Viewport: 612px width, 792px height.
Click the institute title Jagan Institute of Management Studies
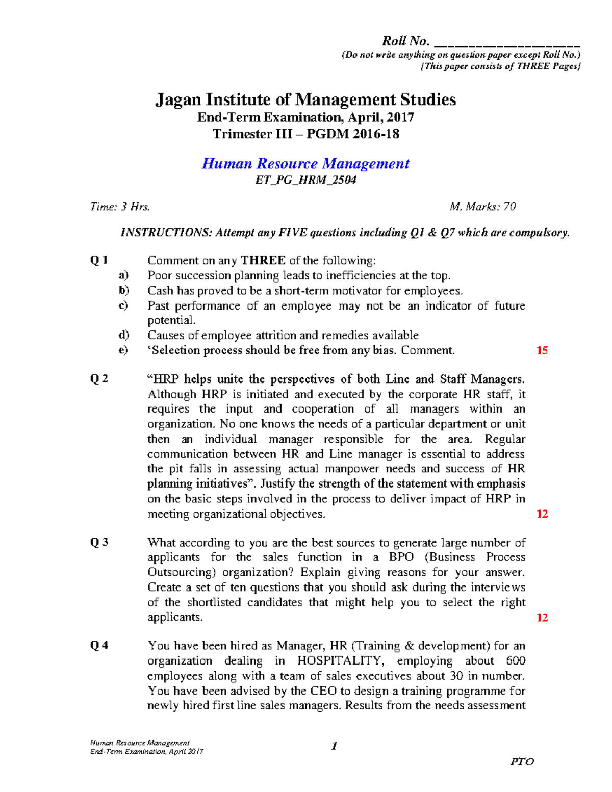tap(305, 99)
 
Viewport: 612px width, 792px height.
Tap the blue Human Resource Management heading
tap(305, 164)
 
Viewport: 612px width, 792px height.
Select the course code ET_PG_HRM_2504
tap(305, 180)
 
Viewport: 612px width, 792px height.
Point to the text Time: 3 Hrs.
tap(120, 207)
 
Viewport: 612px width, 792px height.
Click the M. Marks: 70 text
tap(482, 207)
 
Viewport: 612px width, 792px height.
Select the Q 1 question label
tap(99, 260)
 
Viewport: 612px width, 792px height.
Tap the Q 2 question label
tap(99, 379)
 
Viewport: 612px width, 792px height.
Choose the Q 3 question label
tap(99, 542)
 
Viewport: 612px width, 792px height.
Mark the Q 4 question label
tap(99, 646)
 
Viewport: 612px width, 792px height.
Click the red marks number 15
tap(542, 350)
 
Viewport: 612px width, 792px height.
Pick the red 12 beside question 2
tap(542, 514)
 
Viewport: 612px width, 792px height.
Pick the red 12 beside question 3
tap(542, 618)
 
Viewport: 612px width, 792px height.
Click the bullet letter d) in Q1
tap(123, 335)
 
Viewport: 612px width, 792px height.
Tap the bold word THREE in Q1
tap(263, 261)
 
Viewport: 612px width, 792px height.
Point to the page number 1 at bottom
tap(334, 746)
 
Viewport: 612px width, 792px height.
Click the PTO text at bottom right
tap(522, 762)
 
